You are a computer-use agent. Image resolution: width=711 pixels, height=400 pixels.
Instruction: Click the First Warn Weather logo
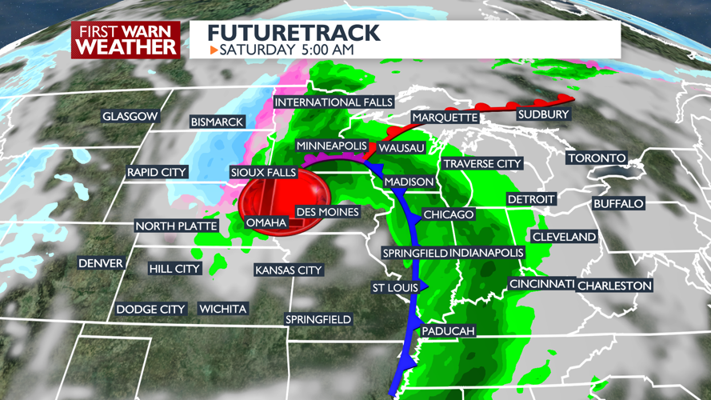point(126,39)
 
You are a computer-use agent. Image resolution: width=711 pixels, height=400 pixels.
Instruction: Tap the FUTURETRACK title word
point(294,34)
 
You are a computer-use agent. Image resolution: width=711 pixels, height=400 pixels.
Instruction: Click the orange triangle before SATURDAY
point(214,50)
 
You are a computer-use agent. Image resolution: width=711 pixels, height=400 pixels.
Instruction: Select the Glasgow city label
point(130,117)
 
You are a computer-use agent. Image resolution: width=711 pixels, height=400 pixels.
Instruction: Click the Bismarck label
point(216,122)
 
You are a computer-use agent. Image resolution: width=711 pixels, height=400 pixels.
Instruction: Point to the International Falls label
point(334,102)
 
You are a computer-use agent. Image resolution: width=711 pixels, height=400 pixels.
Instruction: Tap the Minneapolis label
point(331,146)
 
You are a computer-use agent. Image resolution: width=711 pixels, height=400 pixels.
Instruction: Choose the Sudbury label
point(543,114)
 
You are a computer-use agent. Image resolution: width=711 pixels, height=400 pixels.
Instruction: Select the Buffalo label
point(617,204)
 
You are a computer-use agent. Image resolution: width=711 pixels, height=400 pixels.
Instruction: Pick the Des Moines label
point(327,211)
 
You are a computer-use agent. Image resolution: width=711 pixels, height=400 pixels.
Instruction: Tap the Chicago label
point(449,214)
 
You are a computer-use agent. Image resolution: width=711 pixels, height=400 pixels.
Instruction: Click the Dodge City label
point(151,309)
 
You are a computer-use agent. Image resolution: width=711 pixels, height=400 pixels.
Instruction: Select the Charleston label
point(614,286)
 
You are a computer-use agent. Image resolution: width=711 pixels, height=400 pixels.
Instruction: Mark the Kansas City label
point(288,270)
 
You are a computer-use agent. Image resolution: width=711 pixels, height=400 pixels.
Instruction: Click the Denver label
point(101,263)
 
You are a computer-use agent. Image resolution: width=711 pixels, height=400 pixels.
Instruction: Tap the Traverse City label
point(482,164)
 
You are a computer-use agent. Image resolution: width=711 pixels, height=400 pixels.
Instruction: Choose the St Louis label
point(395,288)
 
